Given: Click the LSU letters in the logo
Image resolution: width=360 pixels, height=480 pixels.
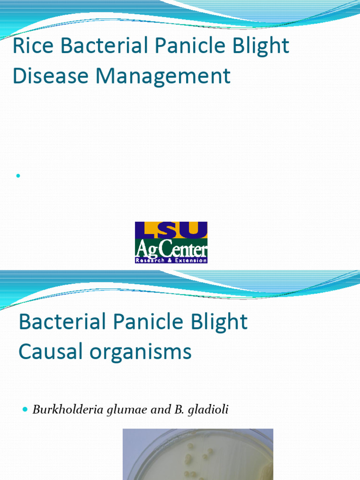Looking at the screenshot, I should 171,230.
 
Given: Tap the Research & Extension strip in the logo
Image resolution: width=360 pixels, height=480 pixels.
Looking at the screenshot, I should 171,260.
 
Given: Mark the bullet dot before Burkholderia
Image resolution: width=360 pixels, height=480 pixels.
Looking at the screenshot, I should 25,410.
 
